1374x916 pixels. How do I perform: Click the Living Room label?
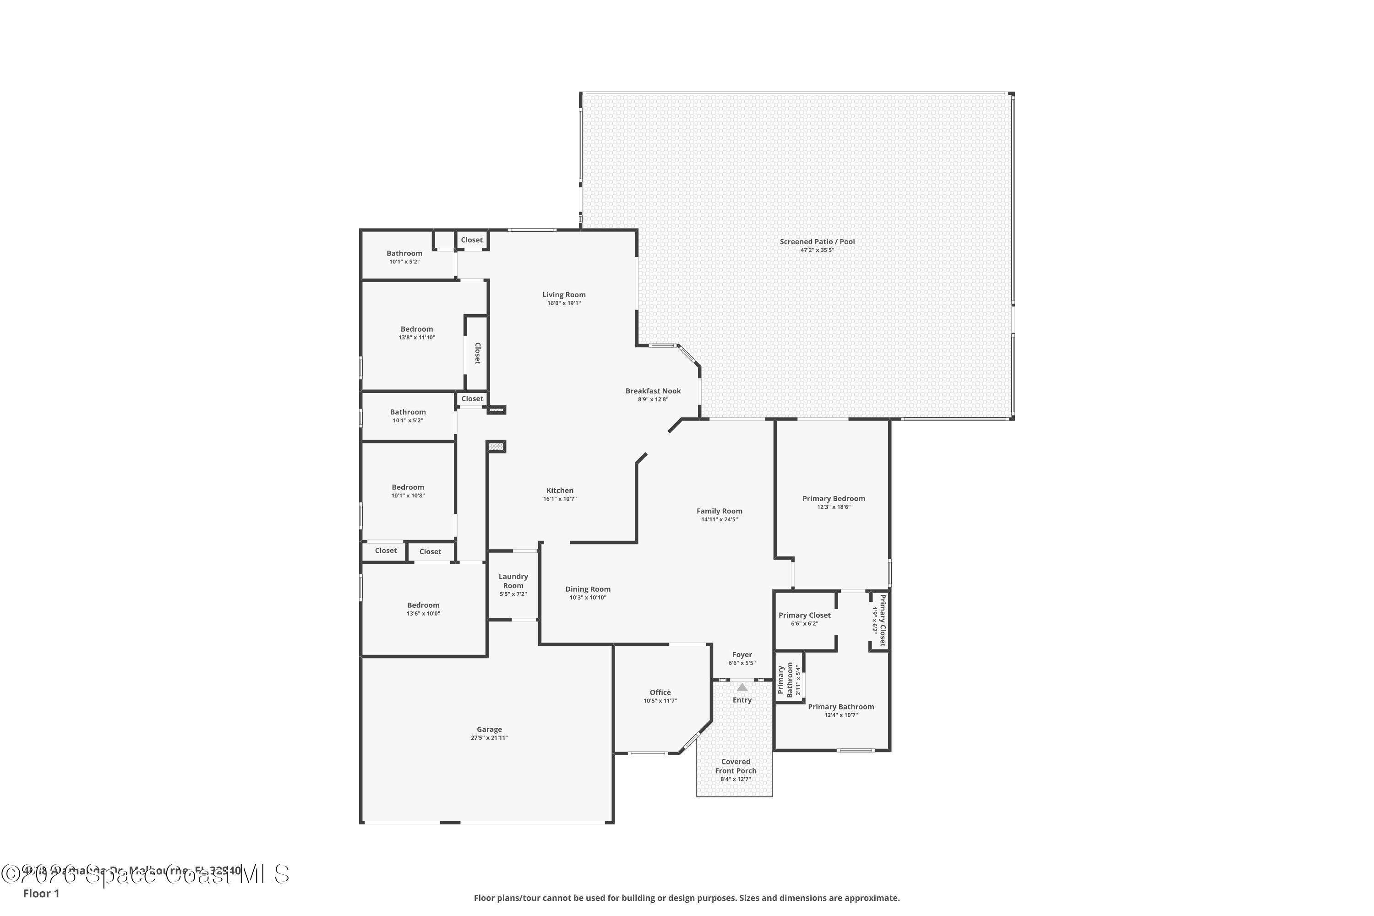564,295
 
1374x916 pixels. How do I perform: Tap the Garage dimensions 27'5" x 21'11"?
489,738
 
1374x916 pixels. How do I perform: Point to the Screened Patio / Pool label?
817,242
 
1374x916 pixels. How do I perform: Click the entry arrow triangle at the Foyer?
742,687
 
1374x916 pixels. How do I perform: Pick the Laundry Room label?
513,581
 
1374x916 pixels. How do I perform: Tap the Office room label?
660,692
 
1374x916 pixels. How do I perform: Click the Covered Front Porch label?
736,766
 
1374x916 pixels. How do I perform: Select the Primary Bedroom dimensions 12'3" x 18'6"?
834,507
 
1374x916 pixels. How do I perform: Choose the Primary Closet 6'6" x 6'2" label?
804,615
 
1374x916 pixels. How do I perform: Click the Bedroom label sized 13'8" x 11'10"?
416,329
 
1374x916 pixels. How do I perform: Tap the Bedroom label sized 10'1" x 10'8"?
408,487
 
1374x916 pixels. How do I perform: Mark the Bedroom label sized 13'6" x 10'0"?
423,605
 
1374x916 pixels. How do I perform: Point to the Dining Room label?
588,589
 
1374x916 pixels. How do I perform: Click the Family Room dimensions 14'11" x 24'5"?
719,519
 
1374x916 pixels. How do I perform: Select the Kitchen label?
560,491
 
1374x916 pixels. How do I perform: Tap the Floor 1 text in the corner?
41,893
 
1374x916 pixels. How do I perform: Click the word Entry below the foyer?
742,700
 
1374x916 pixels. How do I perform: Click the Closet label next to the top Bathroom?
471,240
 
